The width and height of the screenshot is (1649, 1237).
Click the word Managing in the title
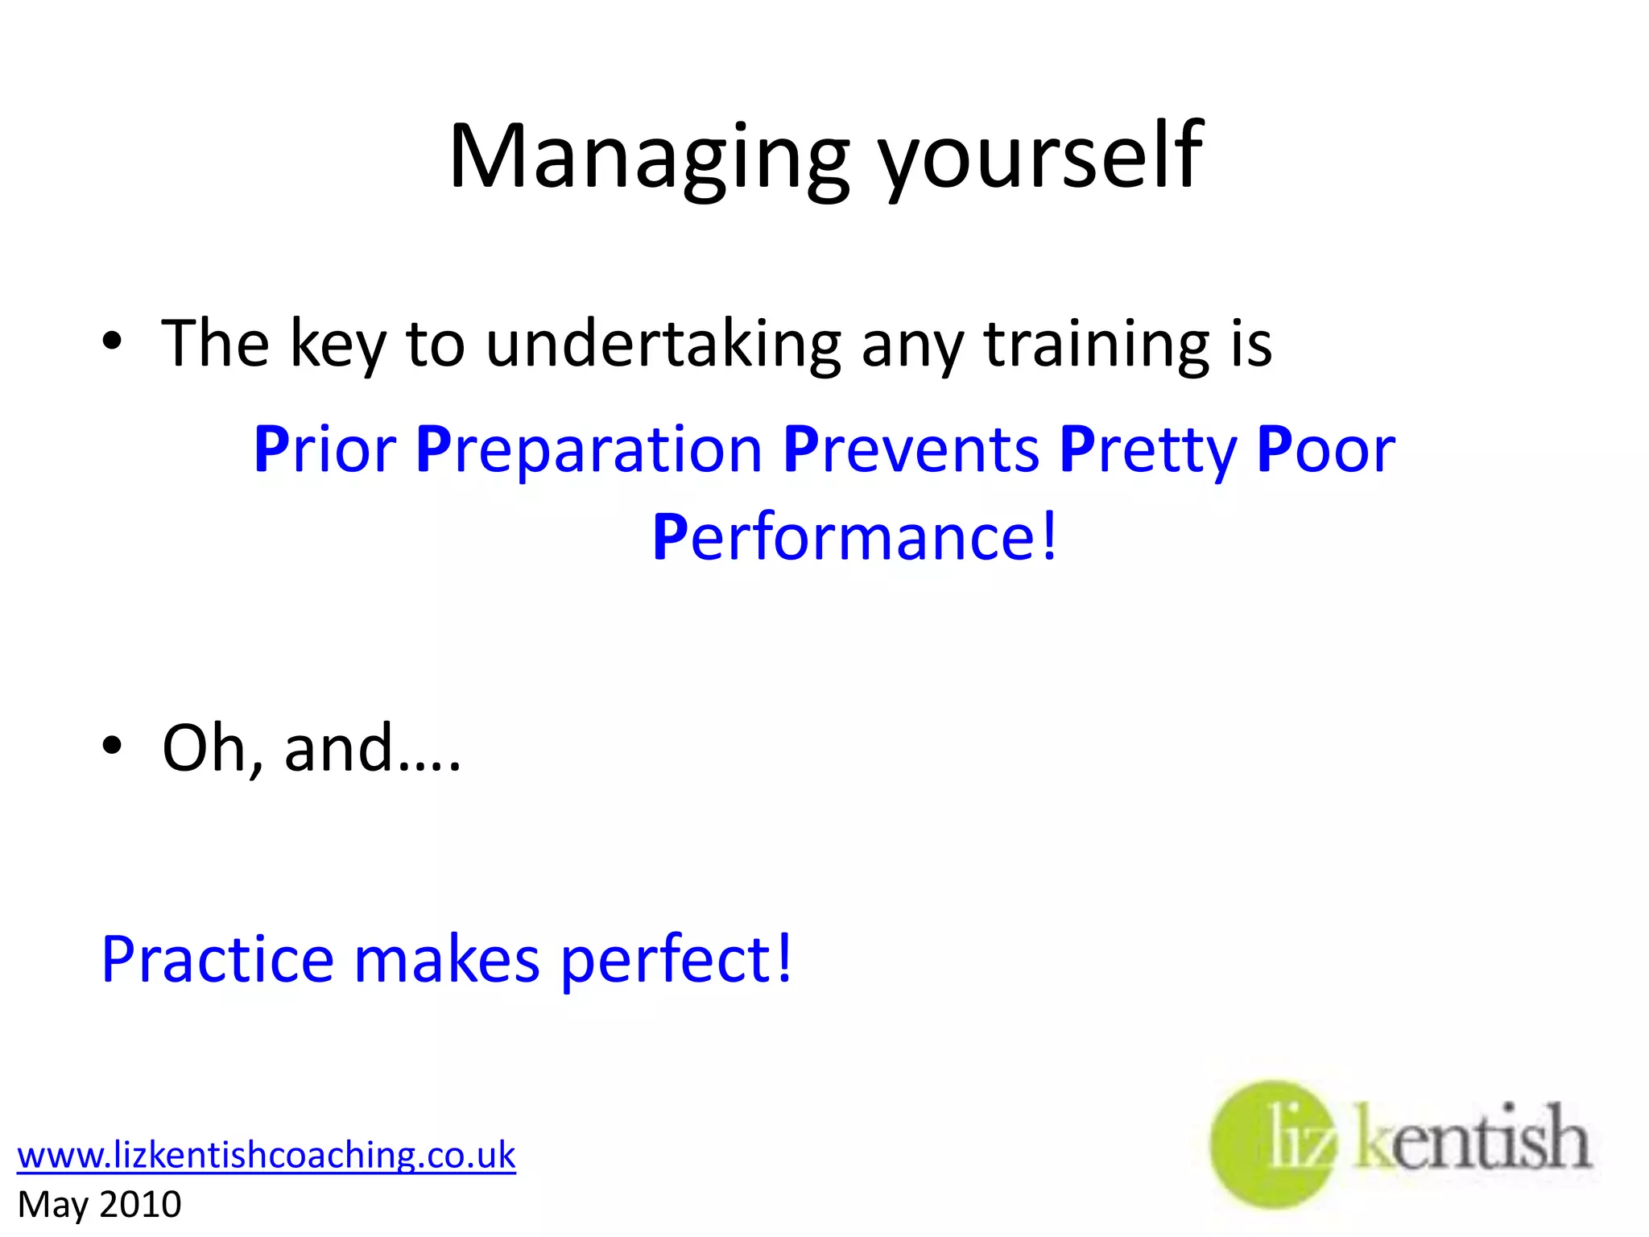coord(649,157)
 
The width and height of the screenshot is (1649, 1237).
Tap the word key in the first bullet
coord(337,345)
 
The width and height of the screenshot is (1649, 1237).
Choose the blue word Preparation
coord(589,451)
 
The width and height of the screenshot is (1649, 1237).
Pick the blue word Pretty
coord(1147,451)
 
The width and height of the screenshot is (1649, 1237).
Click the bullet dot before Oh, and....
coord(112,745)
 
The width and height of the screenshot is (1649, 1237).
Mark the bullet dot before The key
coord(112,341)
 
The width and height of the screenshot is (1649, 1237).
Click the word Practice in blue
coord(217,960)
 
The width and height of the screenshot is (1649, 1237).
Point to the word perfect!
coord(676,960)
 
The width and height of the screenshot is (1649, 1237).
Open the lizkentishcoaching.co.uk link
coord(266,1155)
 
